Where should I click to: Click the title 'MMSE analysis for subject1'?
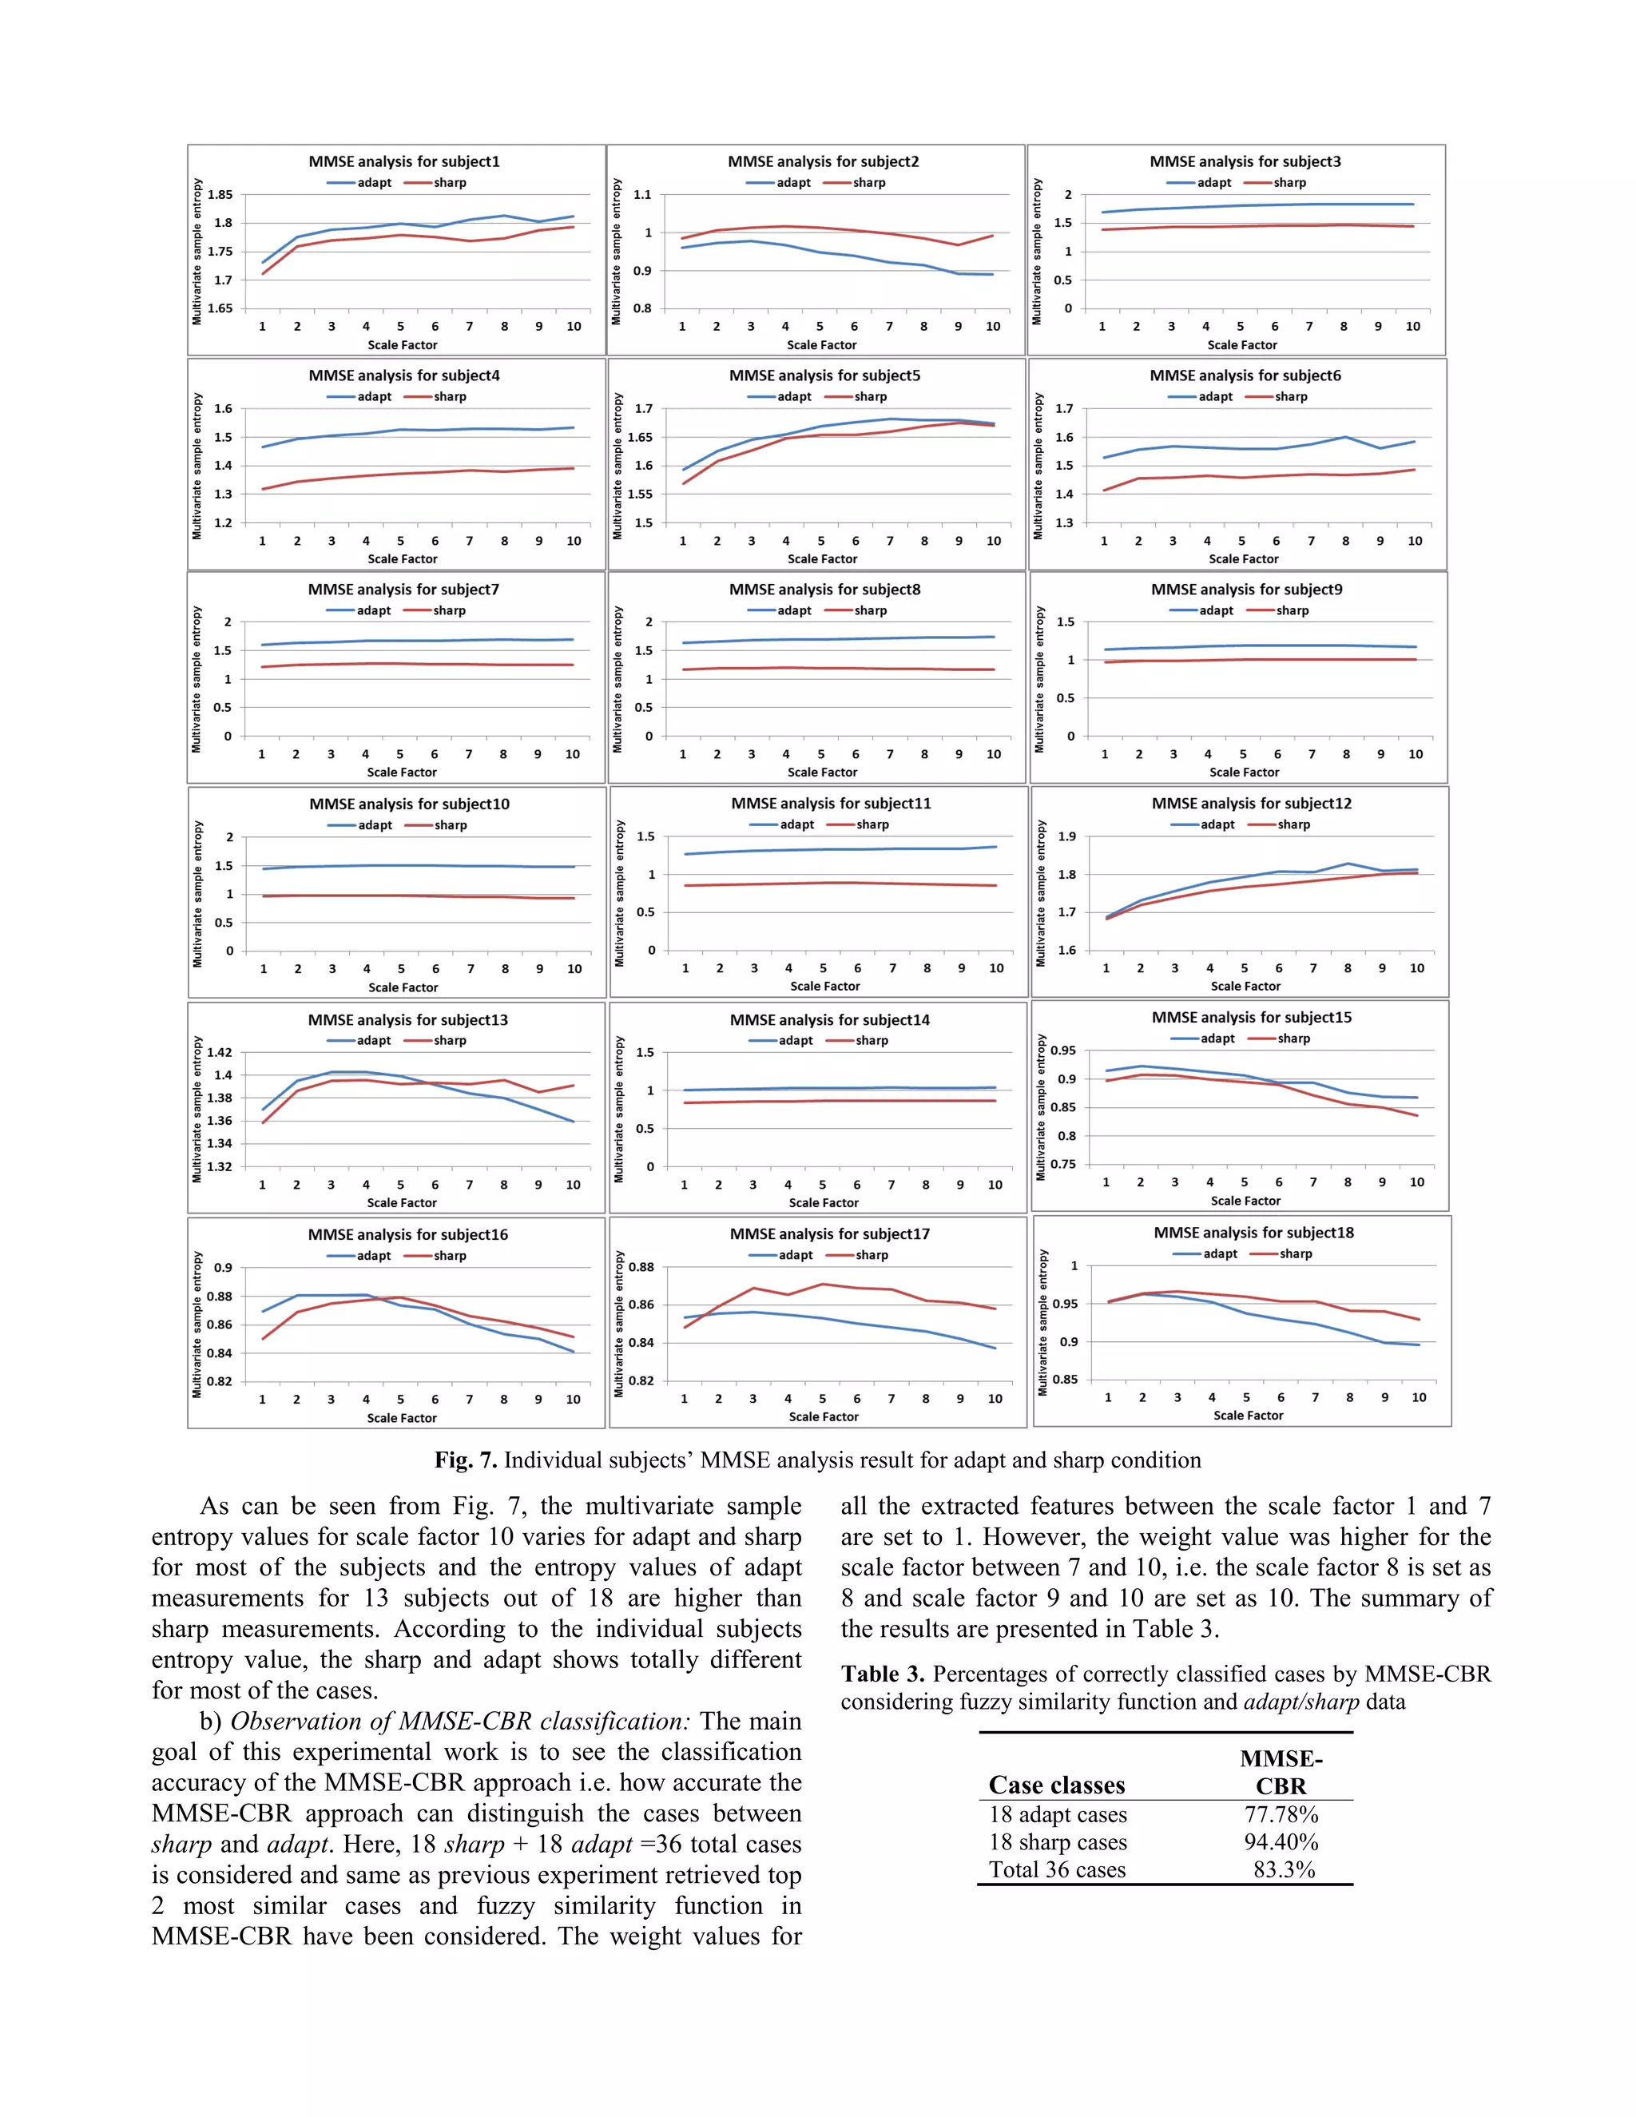(x=403, y=162)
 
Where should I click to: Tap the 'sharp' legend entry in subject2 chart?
(x=868, y=183)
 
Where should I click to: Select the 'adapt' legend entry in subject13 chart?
(x=373, y=1040)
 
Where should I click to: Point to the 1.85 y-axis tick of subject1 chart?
(x=220, y=195)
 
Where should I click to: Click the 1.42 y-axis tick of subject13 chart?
(x=219, y=1053)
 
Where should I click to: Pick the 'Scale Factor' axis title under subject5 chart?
(x=822, y=559)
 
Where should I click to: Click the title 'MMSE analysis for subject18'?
(x=1253, y=1233)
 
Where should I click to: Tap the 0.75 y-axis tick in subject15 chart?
(x=1063, y=1164)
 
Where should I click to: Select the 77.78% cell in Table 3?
(x=1281, y=1814)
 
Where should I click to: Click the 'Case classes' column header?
(x=1056, y=1785)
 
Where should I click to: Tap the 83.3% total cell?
(x=1283, y=1870)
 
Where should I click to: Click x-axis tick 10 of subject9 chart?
(x=1415, y=754)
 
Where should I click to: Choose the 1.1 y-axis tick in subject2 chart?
(x=641, y=195)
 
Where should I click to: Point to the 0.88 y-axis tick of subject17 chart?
(x=641, y=1267)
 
